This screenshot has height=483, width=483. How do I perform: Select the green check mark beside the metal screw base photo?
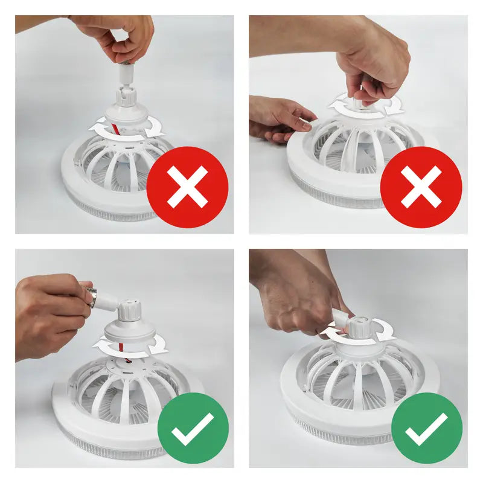click(193, 428)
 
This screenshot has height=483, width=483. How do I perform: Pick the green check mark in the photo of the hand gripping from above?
click(426, 428)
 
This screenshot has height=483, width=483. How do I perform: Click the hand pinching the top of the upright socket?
click(124, 36)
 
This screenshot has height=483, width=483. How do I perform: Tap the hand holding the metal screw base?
click(51, 311)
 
